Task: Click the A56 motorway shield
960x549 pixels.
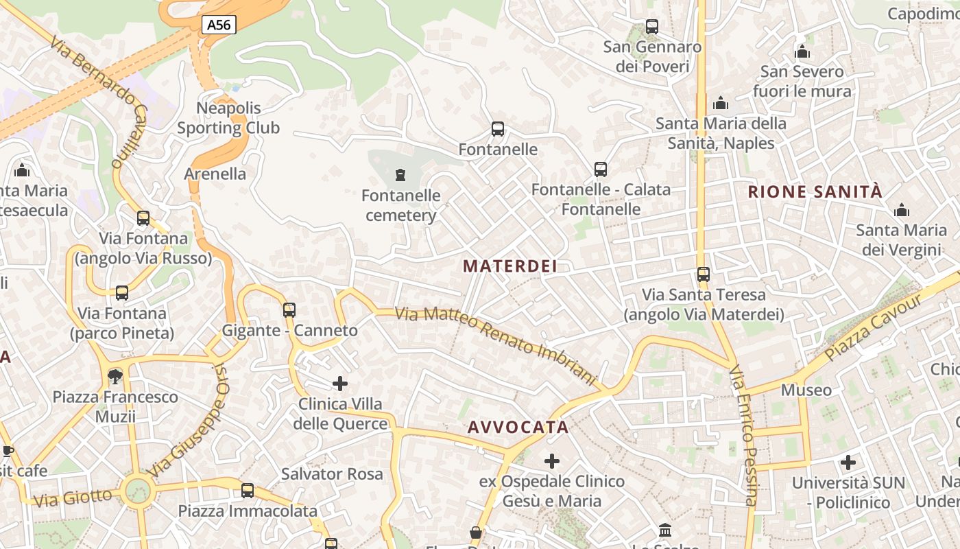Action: coord(219,25)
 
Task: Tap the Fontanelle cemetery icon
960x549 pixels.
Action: coord(400,175)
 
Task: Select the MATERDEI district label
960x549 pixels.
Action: coord(510,266)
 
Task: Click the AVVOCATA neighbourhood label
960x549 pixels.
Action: coord(518,428)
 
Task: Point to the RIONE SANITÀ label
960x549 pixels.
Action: coord(815,192)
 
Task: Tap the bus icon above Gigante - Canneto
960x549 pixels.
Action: coord(289,310)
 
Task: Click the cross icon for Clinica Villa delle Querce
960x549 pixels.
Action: coord(340,384)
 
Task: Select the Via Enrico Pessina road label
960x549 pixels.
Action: coord(743,436)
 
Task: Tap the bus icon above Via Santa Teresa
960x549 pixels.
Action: coord(704,274)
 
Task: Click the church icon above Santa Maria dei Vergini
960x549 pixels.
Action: coord(902,210)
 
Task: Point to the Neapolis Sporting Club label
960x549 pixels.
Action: coord(228,118)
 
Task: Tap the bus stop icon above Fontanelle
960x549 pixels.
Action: coord(498,129)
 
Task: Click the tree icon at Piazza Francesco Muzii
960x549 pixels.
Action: coord(115,376)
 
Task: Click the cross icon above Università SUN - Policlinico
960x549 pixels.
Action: coord(848,463)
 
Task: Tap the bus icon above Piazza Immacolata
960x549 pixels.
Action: coord(248,491)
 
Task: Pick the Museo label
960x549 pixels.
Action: coord(806,390)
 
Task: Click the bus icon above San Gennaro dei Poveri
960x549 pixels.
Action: coord(652,27)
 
